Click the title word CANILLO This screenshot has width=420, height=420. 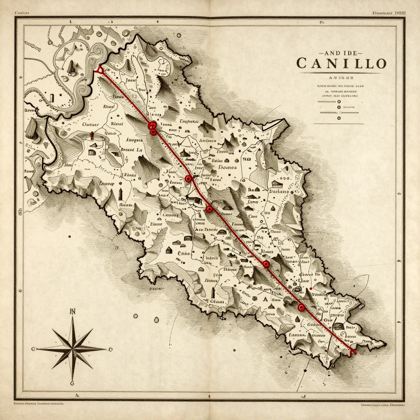(x=341, y=64)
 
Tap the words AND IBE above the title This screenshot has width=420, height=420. (x=341, y=53)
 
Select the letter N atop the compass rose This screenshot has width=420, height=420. (x=73, y=311)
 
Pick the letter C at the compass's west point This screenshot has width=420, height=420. (x=34, y=349)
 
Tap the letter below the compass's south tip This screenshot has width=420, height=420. (x=73, y=383)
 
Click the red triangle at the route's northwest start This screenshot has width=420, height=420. (x=99, y=71)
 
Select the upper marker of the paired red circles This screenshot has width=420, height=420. (x=152, y=125)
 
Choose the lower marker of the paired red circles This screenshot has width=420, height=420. (x=153, y=132)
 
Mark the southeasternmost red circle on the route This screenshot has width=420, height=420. (x=301, y=307)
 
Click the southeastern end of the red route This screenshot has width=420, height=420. (x=354, y=352)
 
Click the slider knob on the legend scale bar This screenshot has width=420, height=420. (x=339, y=112)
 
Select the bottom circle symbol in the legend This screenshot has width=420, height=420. (x=339, y=119)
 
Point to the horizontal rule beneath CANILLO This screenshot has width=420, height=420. (x=341, y=73)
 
